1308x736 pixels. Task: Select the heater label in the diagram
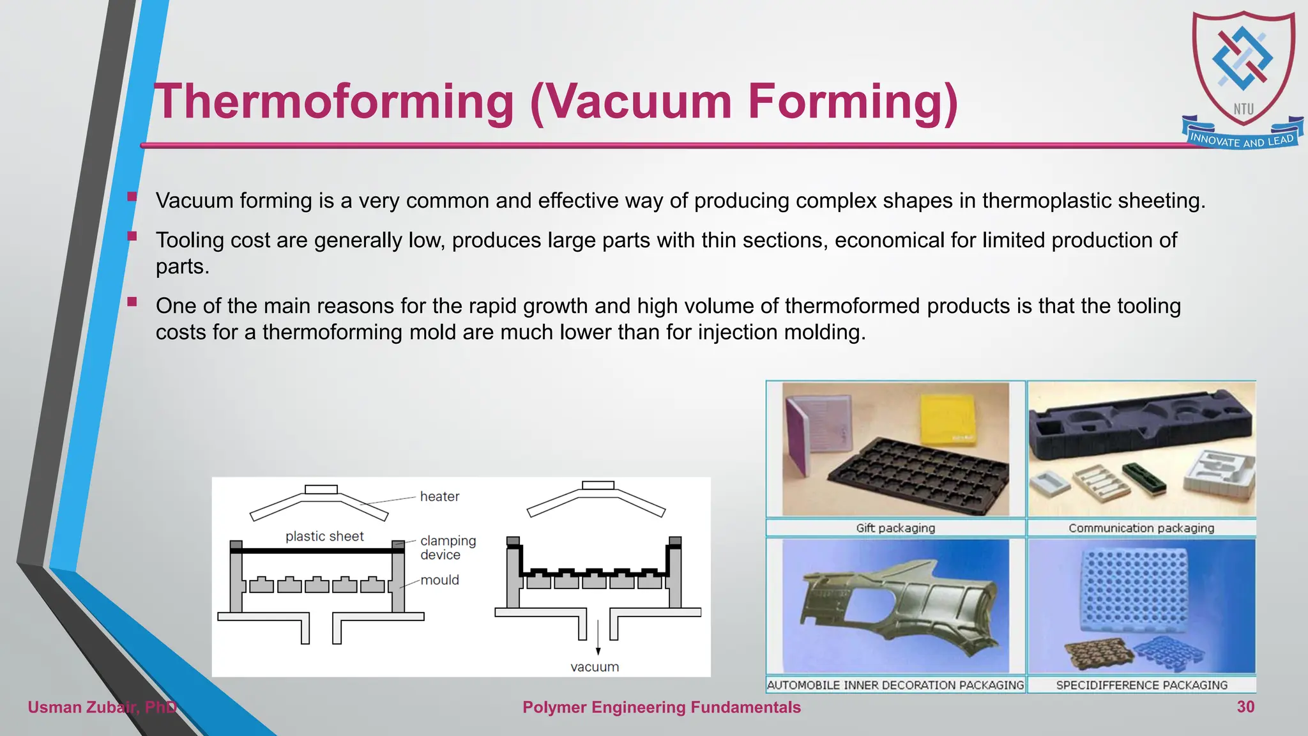pyautogui.click(x=439, y=496)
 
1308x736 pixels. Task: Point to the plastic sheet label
pyautogui.click(x=324, y=537)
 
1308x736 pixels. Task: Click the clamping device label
pyautogui.click(x=447, y=548)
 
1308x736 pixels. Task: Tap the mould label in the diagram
pyautogui.click(x=439, y=580)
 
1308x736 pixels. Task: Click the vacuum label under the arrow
pyautogui.click(x=595, y=667)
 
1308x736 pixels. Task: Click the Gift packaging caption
pyautogui.click(x=895, y=528)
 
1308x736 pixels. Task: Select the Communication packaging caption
pyautogui.click(x=1141, y=528)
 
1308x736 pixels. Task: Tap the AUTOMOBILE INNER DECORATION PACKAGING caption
pyautogui.click(x=895, y=685)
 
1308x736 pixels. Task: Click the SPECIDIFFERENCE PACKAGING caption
pyautogui.click(x=1141, y=685)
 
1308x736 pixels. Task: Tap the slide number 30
pyautogui.click(x=1245, y=707)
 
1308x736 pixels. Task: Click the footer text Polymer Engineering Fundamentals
pyautogui.click(x=661, y=707)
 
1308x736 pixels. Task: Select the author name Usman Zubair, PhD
pyautogui.click(x=102, y=707)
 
